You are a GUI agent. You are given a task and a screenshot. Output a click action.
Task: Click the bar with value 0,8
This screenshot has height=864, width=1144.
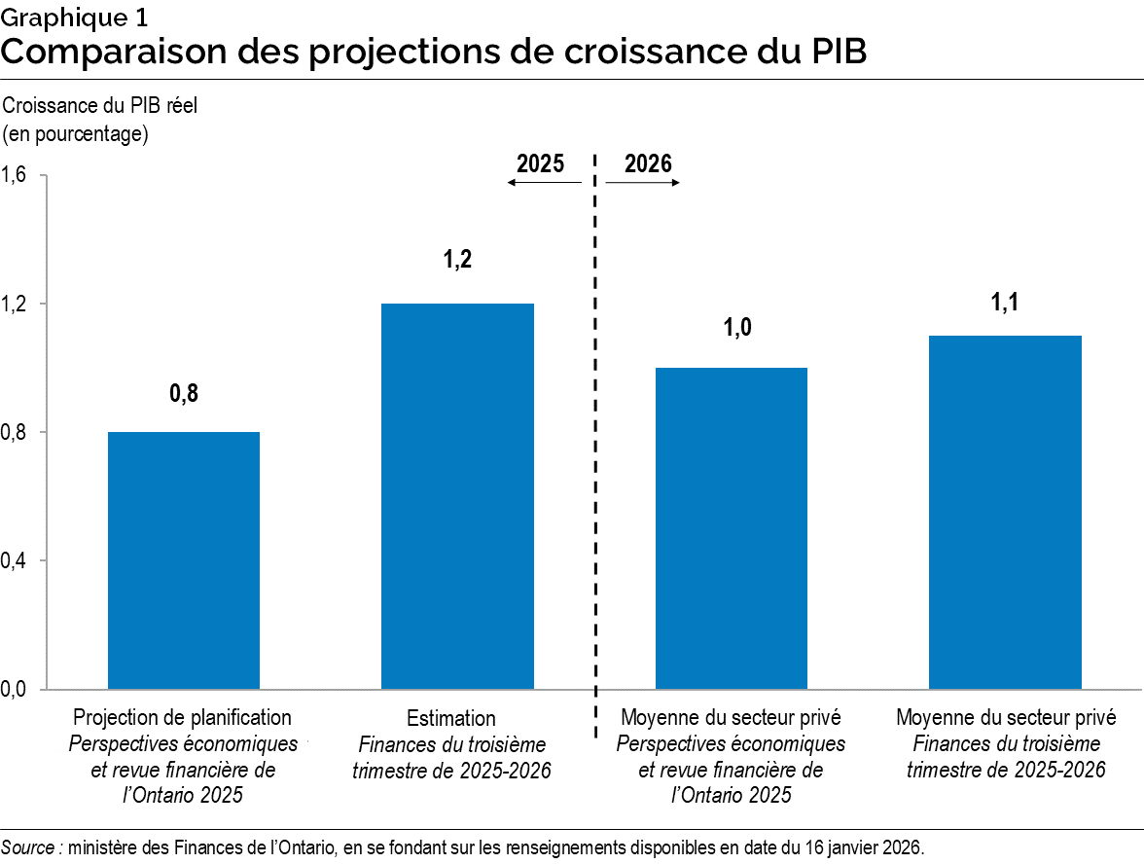184,559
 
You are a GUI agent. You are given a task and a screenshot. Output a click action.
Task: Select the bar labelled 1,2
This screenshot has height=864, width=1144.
457,496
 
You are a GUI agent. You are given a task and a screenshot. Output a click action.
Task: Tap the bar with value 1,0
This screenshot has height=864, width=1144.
732,528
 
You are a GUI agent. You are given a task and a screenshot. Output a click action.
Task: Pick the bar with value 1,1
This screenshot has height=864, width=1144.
1005,512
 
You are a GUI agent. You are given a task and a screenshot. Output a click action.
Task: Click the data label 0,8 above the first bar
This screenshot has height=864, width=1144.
184,393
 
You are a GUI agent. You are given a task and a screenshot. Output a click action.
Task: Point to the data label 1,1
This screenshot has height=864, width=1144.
1005,304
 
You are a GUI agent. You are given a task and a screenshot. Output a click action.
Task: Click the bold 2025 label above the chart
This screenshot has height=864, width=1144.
540,163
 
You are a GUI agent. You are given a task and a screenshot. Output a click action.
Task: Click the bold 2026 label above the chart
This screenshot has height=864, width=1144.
648,163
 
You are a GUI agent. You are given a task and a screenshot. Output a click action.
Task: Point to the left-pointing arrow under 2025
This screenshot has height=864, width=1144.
544,183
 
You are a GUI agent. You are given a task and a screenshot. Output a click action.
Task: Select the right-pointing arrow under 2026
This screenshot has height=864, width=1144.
643,183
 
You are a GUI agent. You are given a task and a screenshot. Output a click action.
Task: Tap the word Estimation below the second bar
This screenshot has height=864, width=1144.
451,719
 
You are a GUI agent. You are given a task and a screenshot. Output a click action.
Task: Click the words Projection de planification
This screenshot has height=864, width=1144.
182,718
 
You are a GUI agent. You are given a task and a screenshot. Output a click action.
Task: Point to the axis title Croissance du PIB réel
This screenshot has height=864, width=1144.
101,105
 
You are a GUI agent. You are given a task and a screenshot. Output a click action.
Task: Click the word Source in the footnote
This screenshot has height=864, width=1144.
30,847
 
